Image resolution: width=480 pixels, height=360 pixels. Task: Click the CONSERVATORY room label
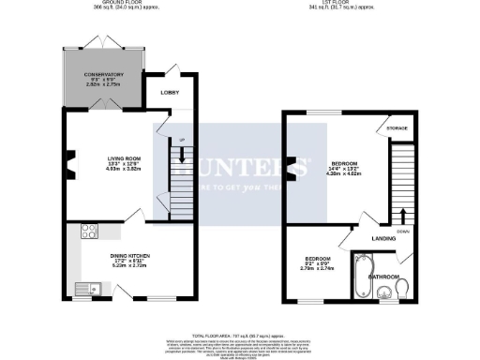(102, 74)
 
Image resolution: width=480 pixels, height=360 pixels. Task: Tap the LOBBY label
(171, 93)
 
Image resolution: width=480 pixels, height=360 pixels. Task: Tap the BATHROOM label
(384, 277)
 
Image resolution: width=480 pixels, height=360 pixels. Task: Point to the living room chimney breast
(69, 169)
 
